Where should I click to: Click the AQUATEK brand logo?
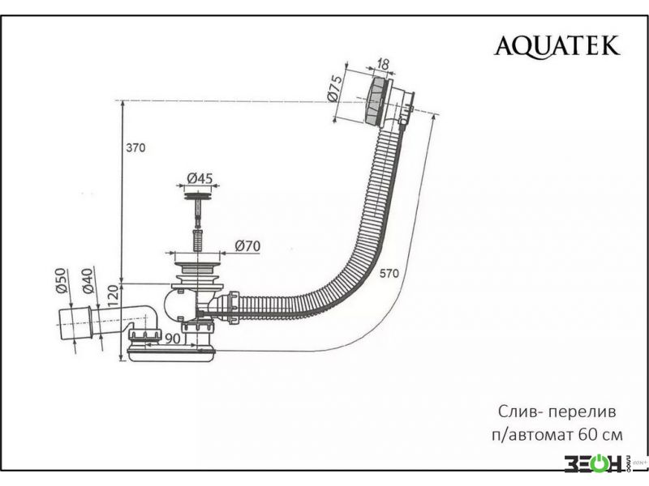click(x=557, y=45)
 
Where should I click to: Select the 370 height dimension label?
click(x=135, y=147)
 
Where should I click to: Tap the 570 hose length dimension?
click(x=389, y=273)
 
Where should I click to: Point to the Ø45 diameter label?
click(x=200, y=178)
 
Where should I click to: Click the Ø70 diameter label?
click(x=247, y=246)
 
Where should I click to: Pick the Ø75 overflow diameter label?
click(x=335, y=87)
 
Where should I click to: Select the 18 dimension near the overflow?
click(x=383, y=64)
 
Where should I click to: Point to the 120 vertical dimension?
click(x=114, y=296)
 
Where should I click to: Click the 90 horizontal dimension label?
click(x=173, y=339)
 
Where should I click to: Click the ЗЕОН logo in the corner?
click(x=594, y=463)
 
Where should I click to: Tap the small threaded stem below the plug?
click(x=198, y=240)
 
